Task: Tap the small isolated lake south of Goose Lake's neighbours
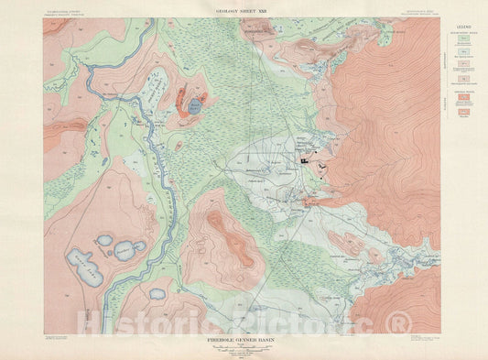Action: tap(157, 295)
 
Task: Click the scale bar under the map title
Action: tap(244, 350)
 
